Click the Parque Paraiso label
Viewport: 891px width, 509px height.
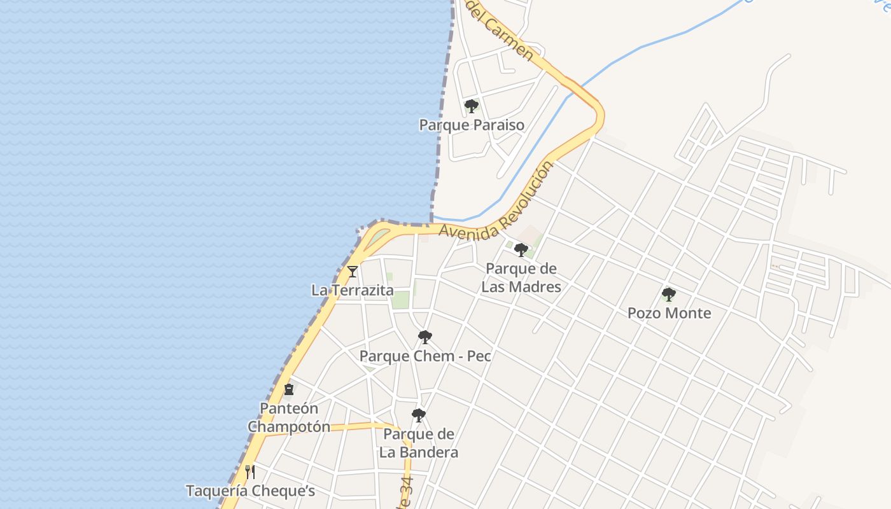tap(472, 125)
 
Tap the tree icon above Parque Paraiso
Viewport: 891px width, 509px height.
tap(471, 106)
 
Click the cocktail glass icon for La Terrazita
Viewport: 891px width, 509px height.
tap(352, 272)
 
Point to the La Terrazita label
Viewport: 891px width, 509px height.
tap(352, 290)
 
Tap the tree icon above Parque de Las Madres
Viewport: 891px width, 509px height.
tap(521, 250)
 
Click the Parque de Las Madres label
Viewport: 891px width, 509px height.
tap(521, 277)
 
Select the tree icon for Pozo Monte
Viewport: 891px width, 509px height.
tap(668, 294)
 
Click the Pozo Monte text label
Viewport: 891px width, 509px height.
tap(669, 313)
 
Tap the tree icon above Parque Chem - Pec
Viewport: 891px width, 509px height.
tap(424, 337)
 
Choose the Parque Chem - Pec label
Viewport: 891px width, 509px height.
tap(425, 356)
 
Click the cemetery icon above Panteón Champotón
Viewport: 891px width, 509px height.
tap(289, 389)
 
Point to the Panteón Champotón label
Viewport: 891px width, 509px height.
tap(289, 417)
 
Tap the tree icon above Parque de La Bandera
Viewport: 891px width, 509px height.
tap(418, 415)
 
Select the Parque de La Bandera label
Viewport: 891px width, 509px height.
tap(419, 443)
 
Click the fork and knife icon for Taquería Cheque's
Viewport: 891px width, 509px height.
tap(250, 471)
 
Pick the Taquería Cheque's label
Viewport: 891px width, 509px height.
tap(250, 491)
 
